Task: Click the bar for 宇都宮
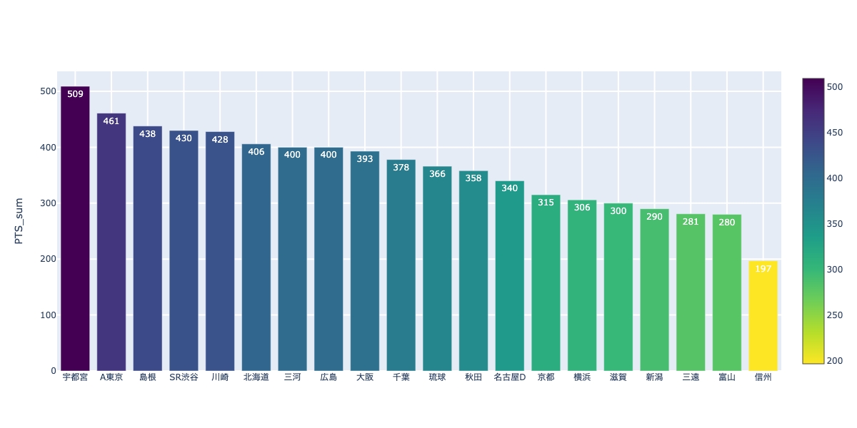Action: [75, 228]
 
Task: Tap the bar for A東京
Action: [111, 243]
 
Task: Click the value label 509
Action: [75, 94]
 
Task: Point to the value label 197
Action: [763, 269]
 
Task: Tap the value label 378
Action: [401, 168]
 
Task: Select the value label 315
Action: [546, 203]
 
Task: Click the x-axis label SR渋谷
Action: [184, 377]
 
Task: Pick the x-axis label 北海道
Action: [256, 377]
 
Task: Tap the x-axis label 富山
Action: [726, 377]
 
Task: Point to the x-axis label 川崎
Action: [220, 377]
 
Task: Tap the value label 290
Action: [654, 217]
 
